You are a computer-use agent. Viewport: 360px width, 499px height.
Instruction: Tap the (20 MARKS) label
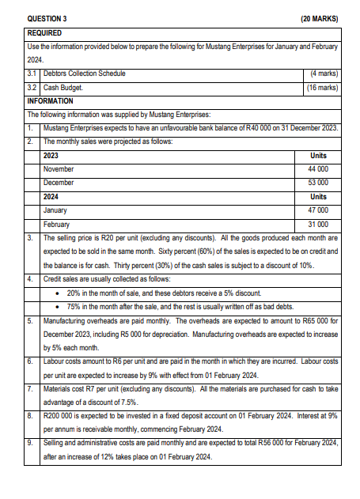point(320,16)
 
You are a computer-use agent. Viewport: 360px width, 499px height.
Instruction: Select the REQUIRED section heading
point(45,33)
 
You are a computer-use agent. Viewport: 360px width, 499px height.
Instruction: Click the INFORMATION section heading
point(50,101)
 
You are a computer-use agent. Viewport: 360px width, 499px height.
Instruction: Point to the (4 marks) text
point(323,74)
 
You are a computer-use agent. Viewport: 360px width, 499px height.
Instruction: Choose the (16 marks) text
point(321,88)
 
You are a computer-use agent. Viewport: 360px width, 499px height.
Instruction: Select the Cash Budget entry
point(66,88)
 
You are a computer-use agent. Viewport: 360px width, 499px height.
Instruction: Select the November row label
point(59,169)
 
